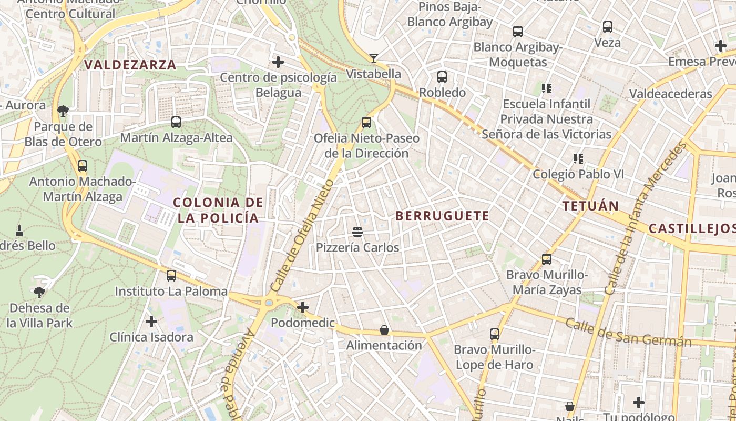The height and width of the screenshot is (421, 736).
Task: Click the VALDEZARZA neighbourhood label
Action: (x=130, y=65)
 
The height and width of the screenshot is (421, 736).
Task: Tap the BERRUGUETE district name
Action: (x=442, y=216)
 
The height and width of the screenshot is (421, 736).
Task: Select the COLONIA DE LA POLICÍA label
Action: (x=218, y=210)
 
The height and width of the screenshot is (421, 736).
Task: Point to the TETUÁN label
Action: (x=590, y=206)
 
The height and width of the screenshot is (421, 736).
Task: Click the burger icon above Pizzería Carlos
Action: (x=357, y=232)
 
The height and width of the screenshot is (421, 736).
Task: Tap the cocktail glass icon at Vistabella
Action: (x=374, y=58)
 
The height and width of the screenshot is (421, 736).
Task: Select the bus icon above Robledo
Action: (x=442, y=77)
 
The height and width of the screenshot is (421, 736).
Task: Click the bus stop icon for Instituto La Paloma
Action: (x=171, y=276)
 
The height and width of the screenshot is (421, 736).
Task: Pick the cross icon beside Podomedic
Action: (x=303, y=307)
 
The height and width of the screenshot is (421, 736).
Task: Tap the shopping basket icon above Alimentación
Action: (x=384, y=330)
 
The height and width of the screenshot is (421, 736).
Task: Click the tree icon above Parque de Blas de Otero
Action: (x=63, y=111)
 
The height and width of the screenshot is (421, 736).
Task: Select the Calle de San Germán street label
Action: (x=628, y=333)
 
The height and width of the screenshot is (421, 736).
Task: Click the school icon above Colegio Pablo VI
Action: (x=578, y=158)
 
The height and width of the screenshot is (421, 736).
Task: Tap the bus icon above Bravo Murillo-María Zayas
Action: (x=547, y=259)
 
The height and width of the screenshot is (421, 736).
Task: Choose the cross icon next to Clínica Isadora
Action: (x=151, y=321)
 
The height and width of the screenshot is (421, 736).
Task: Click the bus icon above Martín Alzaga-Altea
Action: (x=176, y=122)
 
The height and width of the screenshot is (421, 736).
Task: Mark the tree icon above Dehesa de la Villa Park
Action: (x=39, y=292)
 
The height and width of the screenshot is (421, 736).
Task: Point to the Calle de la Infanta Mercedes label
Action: (x=646, y=218)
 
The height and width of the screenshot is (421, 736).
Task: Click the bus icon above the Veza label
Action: (x=608, y=26)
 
